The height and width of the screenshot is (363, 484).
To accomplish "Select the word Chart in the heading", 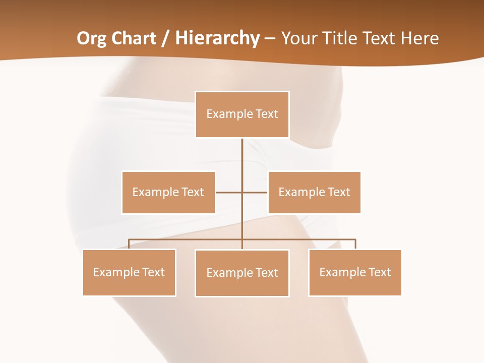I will click(135, 38).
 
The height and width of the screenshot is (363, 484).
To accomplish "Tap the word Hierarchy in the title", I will click(217, 38).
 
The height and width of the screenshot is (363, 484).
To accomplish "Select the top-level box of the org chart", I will click(242, 114).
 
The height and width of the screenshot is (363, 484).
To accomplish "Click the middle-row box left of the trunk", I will click(168, 192).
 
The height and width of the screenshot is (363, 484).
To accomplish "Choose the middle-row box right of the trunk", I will click(314, 192).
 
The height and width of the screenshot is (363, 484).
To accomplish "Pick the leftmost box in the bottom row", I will click(129, 272).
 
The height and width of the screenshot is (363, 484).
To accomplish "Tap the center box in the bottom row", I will click(242, 273).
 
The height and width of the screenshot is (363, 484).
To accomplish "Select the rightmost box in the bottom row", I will click(355, 272).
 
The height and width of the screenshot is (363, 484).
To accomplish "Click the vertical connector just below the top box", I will click(242, 154).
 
